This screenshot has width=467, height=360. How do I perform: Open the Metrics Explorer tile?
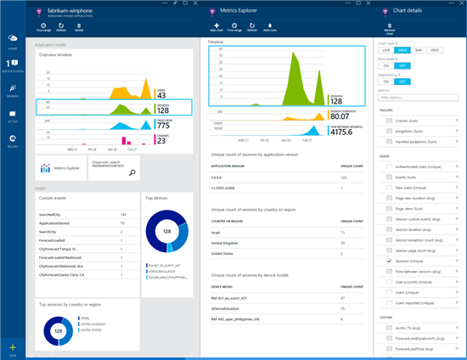tap(60, 168)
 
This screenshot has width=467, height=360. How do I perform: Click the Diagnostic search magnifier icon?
tap(132, 172)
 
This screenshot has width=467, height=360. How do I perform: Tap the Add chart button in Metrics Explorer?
tap(216, 26)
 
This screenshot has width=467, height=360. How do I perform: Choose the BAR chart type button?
tap(418, 49)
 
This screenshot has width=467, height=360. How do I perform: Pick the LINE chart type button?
tap(385, 49)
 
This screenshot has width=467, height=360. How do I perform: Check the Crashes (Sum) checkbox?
tap(389, 121)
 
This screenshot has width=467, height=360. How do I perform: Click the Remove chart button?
tap(390, 26)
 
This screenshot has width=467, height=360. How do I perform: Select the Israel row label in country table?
tap(216, 231)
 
